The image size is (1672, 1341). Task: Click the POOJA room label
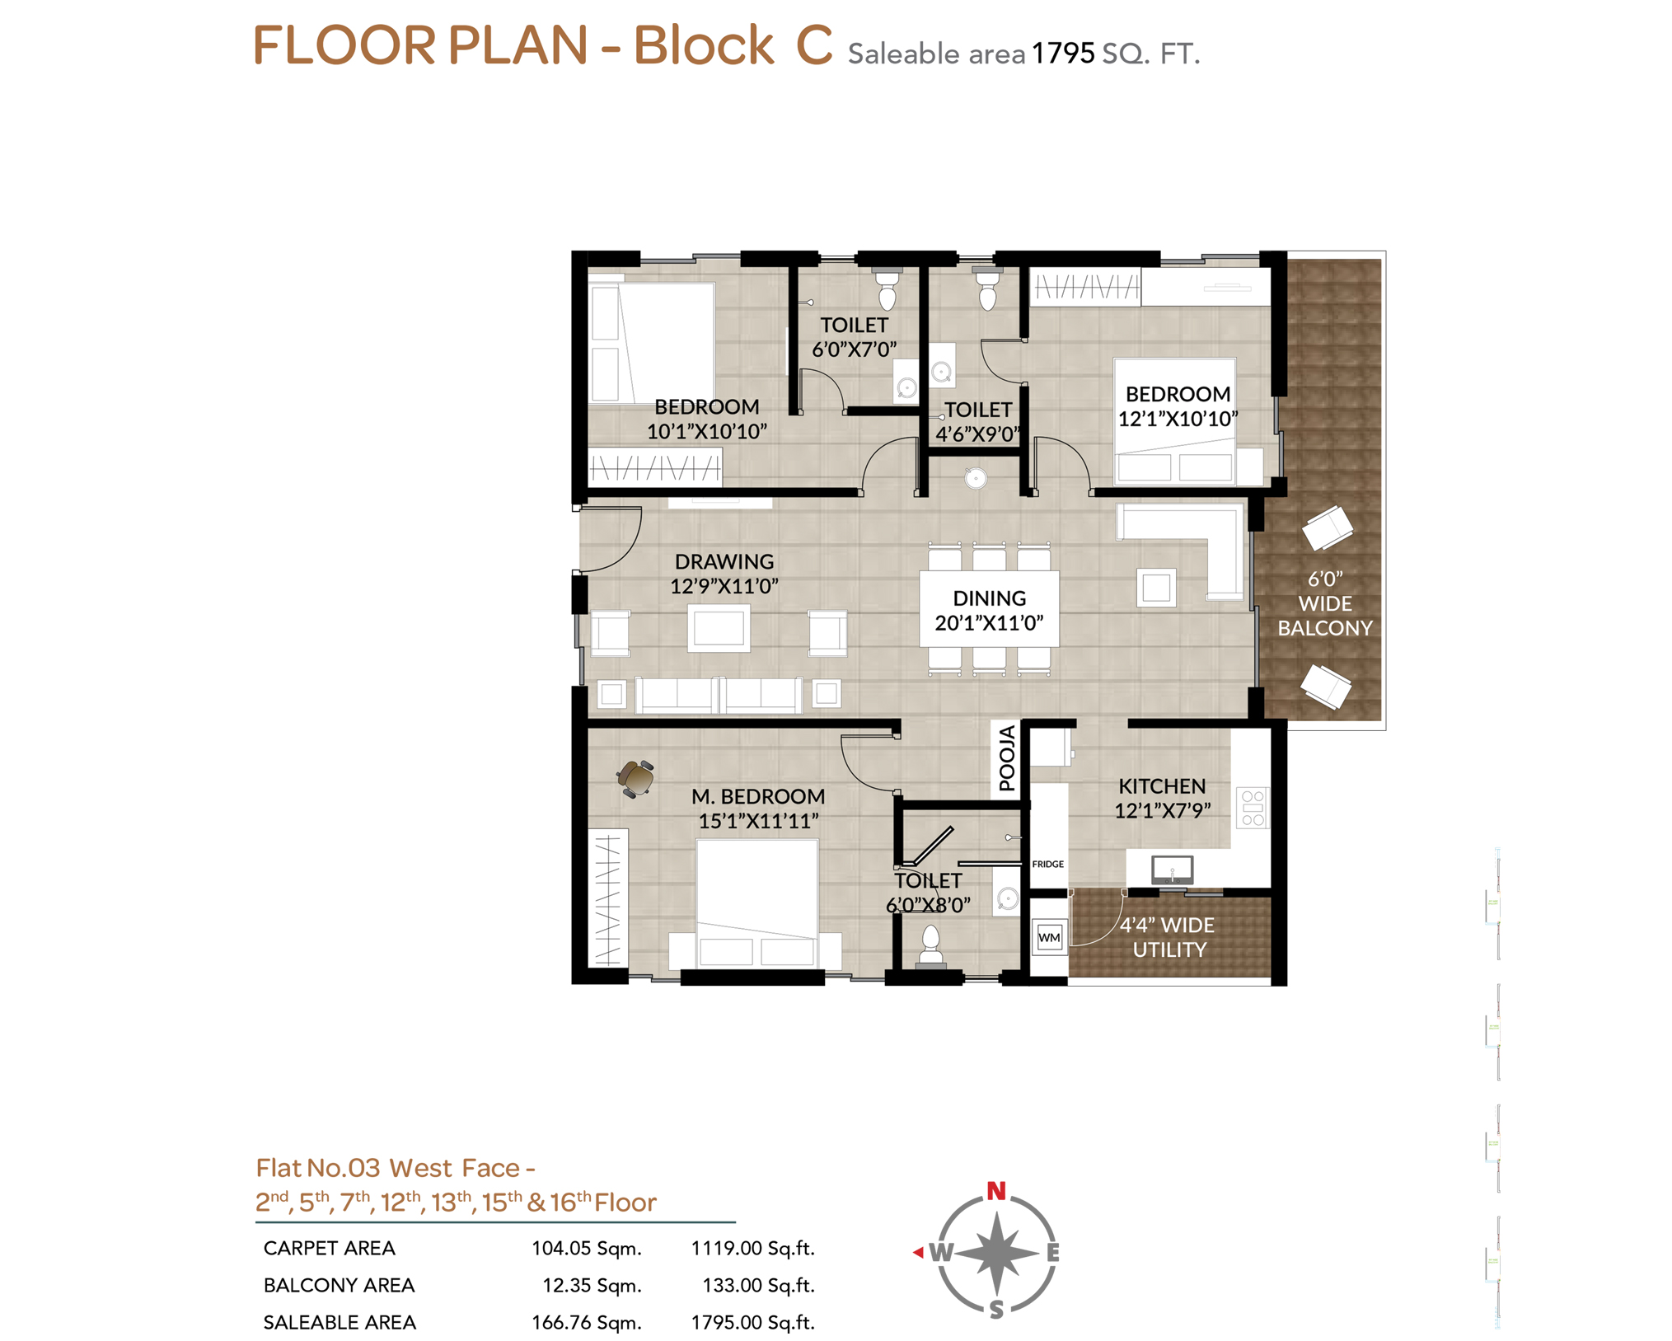click(x=1006, y=757)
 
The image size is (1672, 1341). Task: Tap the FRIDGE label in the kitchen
click(x=1047, y=864)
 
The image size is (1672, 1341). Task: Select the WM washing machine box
click(x=1049, y=937)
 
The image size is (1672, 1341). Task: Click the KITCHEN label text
click(x=1161, y=785)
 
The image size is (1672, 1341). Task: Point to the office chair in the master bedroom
click(x=635, y=777)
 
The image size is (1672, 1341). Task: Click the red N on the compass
click(x=996, y=1190)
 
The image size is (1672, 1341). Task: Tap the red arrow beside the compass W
click(x=917, y=1252)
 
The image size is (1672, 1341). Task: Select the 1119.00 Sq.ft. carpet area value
click(x=752, y=1248)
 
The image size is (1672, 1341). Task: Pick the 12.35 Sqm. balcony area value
click(x=592, y=1285)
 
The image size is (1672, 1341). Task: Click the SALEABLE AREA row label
click(x=340, y=1322)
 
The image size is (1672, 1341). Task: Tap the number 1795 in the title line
click(x=1063, y=54)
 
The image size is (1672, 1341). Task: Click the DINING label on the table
click(x=989, y=598)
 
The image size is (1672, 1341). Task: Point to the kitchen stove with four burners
click(x=1252, y=808)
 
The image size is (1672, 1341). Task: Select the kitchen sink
click(x=1171, y=869)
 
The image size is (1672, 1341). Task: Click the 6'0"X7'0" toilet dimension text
click(x=854, y=349)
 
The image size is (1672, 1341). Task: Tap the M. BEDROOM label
click(x=757, y=796)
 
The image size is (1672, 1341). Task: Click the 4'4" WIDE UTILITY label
click(x=1167, y=937)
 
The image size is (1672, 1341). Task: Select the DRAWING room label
click(x=724, y=561)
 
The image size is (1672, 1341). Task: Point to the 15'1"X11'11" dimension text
click(x=757, y=821)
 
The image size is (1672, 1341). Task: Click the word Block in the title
click(x=703, y=45)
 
